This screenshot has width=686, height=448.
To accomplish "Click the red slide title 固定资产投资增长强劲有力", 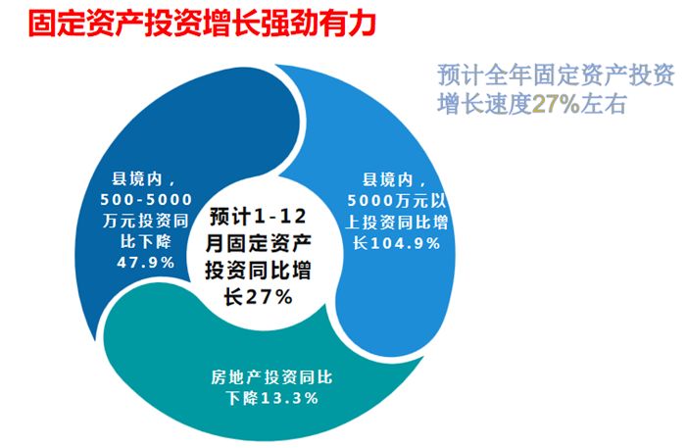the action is (202, 24).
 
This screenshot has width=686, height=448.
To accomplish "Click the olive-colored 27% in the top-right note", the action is (556, 104).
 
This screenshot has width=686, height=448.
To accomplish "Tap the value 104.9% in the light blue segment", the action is (405, 243).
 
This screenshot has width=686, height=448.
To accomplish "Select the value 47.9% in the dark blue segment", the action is (146, 263).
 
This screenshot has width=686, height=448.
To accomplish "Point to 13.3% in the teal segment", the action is (290, 398).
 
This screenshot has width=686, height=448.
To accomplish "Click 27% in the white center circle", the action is (268, 297).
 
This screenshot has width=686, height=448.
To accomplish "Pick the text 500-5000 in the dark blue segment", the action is (146, 200).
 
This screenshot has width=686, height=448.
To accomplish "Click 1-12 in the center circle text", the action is (280, 216).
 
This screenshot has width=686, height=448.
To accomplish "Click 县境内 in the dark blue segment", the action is (137, 179).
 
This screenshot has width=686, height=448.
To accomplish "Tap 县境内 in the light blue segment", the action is (388, 179).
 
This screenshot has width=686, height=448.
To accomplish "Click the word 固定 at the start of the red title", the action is (57, 24).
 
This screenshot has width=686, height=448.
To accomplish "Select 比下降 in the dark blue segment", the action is (146, 241).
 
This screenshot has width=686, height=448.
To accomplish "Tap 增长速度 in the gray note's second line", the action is (484, 104).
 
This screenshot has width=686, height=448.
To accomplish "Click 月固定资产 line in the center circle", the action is (259, 243).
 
